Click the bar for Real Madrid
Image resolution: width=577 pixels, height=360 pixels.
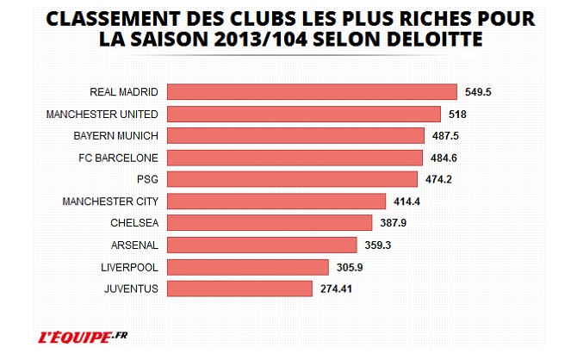311,92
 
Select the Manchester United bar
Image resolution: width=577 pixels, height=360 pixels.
303,114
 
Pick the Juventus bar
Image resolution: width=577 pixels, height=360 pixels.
239,289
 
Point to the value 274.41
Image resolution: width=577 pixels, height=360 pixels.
338,289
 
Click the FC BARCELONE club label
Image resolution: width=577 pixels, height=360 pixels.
117,158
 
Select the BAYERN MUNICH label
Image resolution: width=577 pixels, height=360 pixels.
115,136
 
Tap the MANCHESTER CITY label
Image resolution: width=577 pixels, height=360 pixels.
110,202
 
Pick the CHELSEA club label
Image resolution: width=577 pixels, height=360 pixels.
134,223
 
